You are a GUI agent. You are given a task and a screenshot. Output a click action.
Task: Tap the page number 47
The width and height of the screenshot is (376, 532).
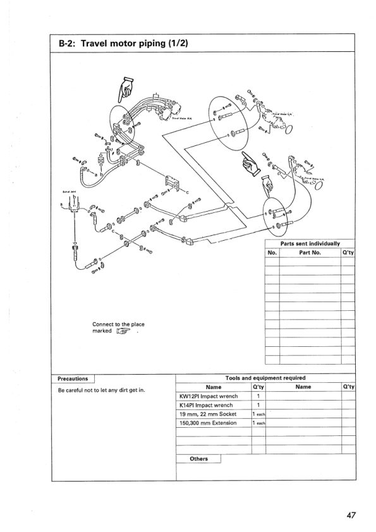tap(352, 516)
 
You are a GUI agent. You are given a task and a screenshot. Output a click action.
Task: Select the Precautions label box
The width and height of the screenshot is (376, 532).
tap(72, 378)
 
